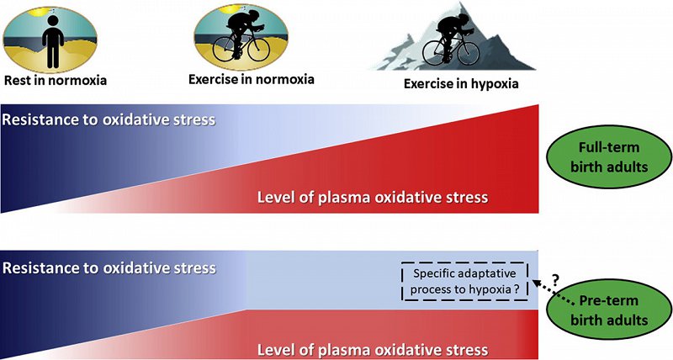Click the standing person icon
pyautogui.click(x=53, y=42)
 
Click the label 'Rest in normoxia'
pyautogui.click(x=56, y=80)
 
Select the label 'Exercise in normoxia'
pyautogui.click(x=252, y=79)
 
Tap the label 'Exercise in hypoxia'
pyautogui.click(x=461, y=83)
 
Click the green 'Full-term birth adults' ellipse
pyautogui.click(x=609, y=157)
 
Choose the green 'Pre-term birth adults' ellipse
pyautogui.click(x=609, y=310)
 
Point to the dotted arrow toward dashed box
pyautogui.click(x=553, y=293)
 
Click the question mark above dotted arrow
pyautogui.click(x=554, y=280)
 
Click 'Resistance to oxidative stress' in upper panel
pyautogui.click(x=109, y=119)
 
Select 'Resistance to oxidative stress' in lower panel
pyautogui.click(x=109, y=268)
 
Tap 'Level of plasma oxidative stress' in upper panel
pyautogui.click(x=373, y=198)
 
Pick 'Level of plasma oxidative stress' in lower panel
pyautogui.click(x=373, y=350)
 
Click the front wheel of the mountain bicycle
pyautogui.click(x=469, y=52)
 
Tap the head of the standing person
pyautogui.click(x=53, y=22)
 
